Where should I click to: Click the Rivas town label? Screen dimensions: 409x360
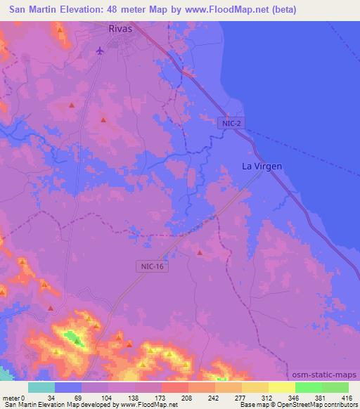121,30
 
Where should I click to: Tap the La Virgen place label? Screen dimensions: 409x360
262,167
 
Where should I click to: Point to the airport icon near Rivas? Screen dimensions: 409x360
100,50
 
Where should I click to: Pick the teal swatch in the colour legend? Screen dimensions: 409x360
41,387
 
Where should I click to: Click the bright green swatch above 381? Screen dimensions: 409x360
309,387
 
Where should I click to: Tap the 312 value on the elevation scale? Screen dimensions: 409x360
257,397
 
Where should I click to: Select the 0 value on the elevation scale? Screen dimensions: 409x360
25,397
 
